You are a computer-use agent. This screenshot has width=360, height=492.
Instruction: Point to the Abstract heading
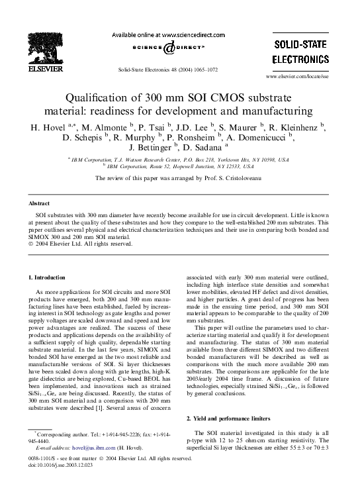[41, 204]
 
